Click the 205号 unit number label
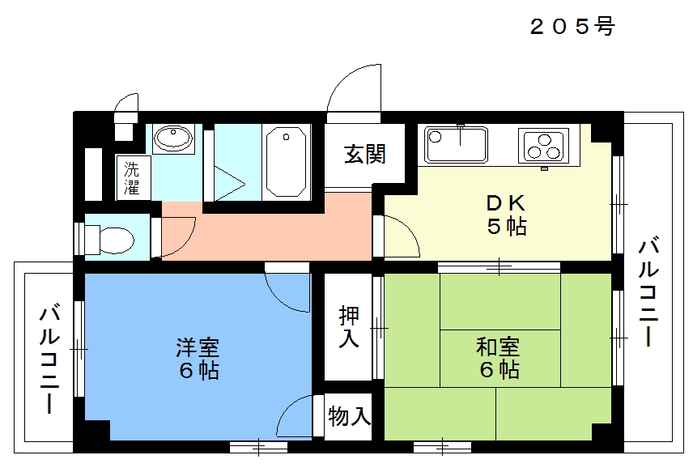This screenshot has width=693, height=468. [572, 27]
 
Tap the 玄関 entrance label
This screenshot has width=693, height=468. [365, 154]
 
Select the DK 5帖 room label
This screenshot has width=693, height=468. [507, 215]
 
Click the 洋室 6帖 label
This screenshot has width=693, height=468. [198, 359]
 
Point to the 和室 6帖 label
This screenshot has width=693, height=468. [499, 358]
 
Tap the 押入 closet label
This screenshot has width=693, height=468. [349, 327]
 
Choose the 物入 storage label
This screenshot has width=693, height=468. [349, 416]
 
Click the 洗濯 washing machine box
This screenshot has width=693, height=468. [133, 178]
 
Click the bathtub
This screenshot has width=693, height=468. [287, 162]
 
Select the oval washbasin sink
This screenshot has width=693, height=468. [173, 137]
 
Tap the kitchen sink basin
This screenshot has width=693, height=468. [456, 144]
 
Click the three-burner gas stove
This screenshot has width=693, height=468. [543, 146]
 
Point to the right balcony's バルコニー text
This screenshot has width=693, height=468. [648, 293]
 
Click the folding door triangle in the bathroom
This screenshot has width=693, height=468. [230, 184]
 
